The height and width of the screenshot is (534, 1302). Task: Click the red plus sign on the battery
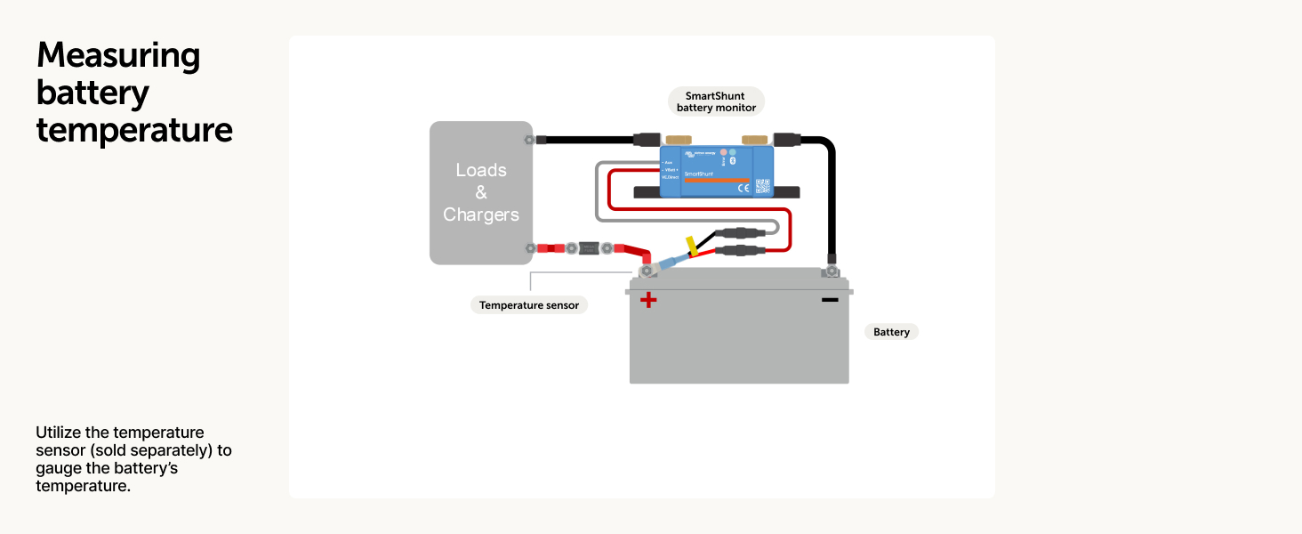pyautogui.click(x=648, y=300)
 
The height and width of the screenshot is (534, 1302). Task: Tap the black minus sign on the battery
pyautogui.click(x=830, y=300)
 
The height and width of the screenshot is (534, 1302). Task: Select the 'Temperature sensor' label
pyautogui.click(x=529, y=305)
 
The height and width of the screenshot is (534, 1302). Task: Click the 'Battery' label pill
pyautogui.click(x=891, y=332)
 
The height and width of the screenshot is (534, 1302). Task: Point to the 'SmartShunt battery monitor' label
pyautogui.click(x=716, y=101)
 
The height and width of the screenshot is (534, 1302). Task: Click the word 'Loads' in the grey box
pyautogui.click(x=481, y=170)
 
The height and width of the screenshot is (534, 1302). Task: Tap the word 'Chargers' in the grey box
pyautogui.click(x=481, y=214)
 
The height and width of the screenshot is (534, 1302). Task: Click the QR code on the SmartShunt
pyautogui.click(x=762, y=186)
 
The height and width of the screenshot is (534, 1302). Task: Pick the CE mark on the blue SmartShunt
pyautogui.click(x=743, y=187)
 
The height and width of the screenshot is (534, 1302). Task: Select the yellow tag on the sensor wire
pyautogui.click(x=691, y=245)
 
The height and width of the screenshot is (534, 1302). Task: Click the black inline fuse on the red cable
pyautogui.click(x=587, y=248)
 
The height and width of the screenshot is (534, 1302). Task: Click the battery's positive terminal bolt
pyautogui.click(x=647, y=269)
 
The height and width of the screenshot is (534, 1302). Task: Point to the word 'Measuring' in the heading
pyautogui.click(x=118, y=56)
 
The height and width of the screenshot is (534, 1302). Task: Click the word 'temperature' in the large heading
pyautogui.click(x=134, y=130)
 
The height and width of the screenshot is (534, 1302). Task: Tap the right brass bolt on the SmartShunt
pyautogui.click(x=755, y=140)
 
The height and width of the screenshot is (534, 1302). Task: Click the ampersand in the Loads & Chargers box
pyautogui.click(x=481, y=192)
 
